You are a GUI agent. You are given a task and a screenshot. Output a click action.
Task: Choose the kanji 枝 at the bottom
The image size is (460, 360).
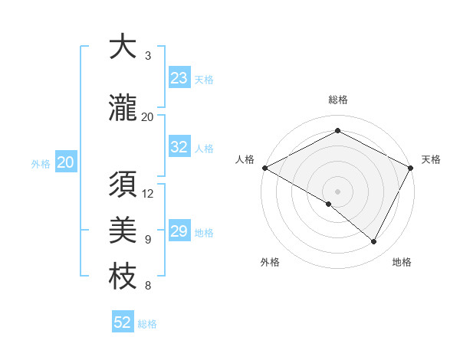click(123, 277)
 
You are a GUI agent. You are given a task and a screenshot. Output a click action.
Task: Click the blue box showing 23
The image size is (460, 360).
click(179, 78)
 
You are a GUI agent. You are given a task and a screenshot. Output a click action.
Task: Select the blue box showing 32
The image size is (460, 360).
click(179, 148)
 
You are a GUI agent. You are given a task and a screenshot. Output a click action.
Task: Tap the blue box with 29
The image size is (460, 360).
click(179, 231)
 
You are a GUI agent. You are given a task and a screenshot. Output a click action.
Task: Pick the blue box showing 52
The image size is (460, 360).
click(123, 322)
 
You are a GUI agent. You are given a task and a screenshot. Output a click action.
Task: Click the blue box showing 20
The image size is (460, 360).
click(65, 162)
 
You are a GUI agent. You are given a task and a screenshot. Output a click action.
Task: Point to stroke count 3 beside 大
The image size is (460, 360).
click(148, 56)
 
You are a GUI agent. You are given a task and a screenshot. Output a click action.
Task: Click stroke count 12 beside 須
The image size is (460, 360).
click(148, 193)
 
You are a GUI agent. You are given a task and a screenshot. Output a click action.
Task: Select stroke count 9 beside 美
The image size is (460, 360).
click(148, 240)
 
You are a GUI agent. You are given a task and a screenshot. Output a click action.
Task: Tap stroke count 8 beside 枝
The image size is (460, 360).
click(148, 286)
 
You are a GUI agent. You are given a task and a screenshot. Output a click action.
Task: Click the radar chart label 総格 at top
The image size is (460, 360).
click(337, 100)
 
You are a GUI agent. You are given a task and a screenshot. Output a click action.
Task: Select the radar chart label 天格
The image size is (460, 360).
click(432, 159)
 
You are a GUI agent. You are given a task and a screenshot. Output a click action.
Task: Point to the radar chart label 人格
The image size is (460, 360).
click(245, 159)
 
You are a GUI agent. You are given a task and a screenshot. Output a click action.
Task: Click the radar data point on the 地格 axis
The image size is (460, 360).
click(374, 242)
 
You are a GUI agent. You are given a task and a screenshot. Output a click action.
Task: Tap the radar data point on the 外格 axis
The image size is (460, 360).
click(329, 204)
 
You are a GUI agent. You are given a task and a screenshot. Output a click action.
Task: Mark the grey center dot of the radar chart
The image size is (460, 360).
click(337, 191)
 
